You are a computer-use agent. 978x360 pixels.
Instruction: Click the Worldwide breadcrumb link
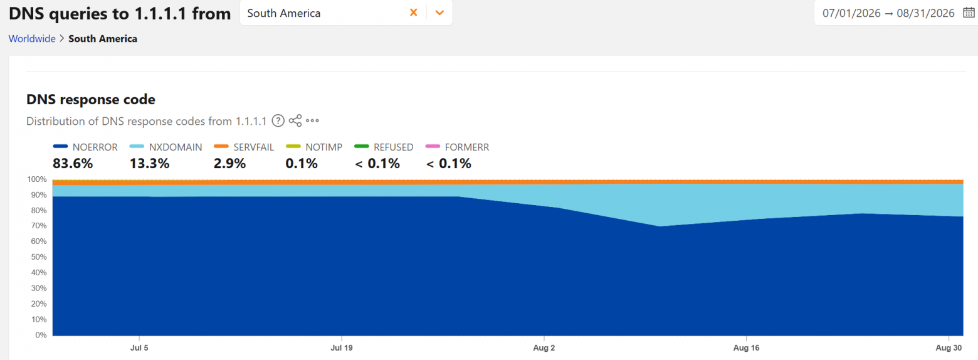point(32,38)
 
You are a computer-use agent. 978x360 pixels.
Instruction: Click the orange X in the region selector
point(414,13)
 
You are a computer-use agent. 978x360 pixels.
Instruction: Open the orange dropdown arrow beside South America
point(439,13)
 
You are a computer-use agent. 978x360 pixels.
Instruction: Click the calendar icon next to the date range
point(969,13)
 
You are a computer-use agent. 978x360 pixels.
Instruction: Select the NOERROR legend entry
point(85,147)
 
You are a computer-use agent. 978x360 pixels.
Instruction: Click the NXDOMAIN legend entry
point(166,147)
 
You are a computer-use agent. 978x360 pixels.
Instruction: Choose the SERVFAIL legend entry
point(244,147)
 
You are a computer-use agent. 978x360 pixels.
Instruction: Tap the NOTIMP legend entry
point(314,147)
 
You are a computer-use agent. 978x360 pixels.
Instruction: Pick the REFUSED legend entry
point(384,147)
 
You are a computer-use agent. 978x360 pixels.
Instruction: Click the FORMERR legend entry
point(457,147)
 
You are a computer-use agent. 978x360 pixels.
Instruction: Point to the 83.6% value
point(73,164)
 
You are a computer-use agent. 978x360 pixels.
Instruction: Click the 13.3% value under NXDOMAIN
point(149,164)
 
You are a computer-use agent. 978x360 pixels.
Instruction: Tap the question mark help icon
point(278,120)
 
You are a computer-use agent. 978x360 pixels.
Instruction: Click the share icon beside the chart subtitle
point(295,120)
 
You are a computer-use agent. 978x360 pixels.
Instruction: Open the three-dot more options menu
point(312,120)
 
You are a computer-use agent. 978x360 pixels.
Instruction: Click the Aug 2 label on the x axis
point(544,347)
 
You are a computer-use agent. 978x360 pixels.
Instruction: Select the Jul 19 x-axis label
point(342,347)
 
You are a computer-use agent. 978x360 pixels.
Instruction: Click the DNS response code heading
point(91,99)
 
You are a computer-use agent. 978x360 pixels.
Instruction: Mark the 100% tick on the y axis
point(36,179)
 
